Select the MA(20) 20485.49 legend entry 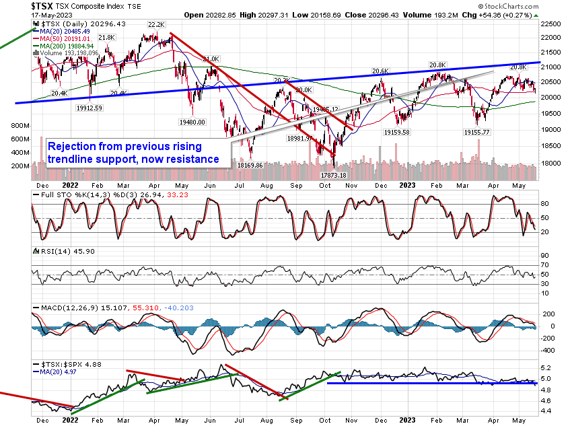point(65,32)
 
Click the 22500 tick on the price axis point(553,23)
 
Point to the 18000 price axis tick point(553,163)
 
